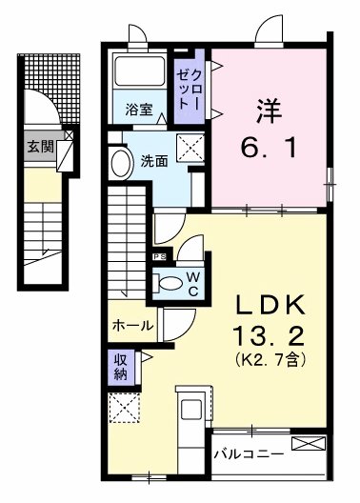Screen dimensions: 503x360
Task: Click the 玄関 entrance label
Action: click(x=39, y=147)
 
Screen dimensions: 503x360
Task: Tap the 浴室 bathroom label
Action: click(x=139, y=110)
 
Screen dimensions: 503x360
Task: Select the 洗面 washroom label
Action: click(x=154, y=161)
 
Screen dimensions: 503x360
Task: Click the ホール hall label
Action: click(x=132, y=325)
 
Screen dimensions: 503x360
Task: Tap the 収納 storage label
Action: click(x=121, y=368)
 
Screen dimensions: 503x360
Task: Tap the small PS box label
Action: click(x=158, y=256)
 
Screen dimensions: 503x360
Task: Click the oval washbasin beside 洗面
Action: click(x=121, y=163)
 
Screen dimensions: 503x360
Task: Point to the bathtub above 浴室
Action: click(x=138, y=74)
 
